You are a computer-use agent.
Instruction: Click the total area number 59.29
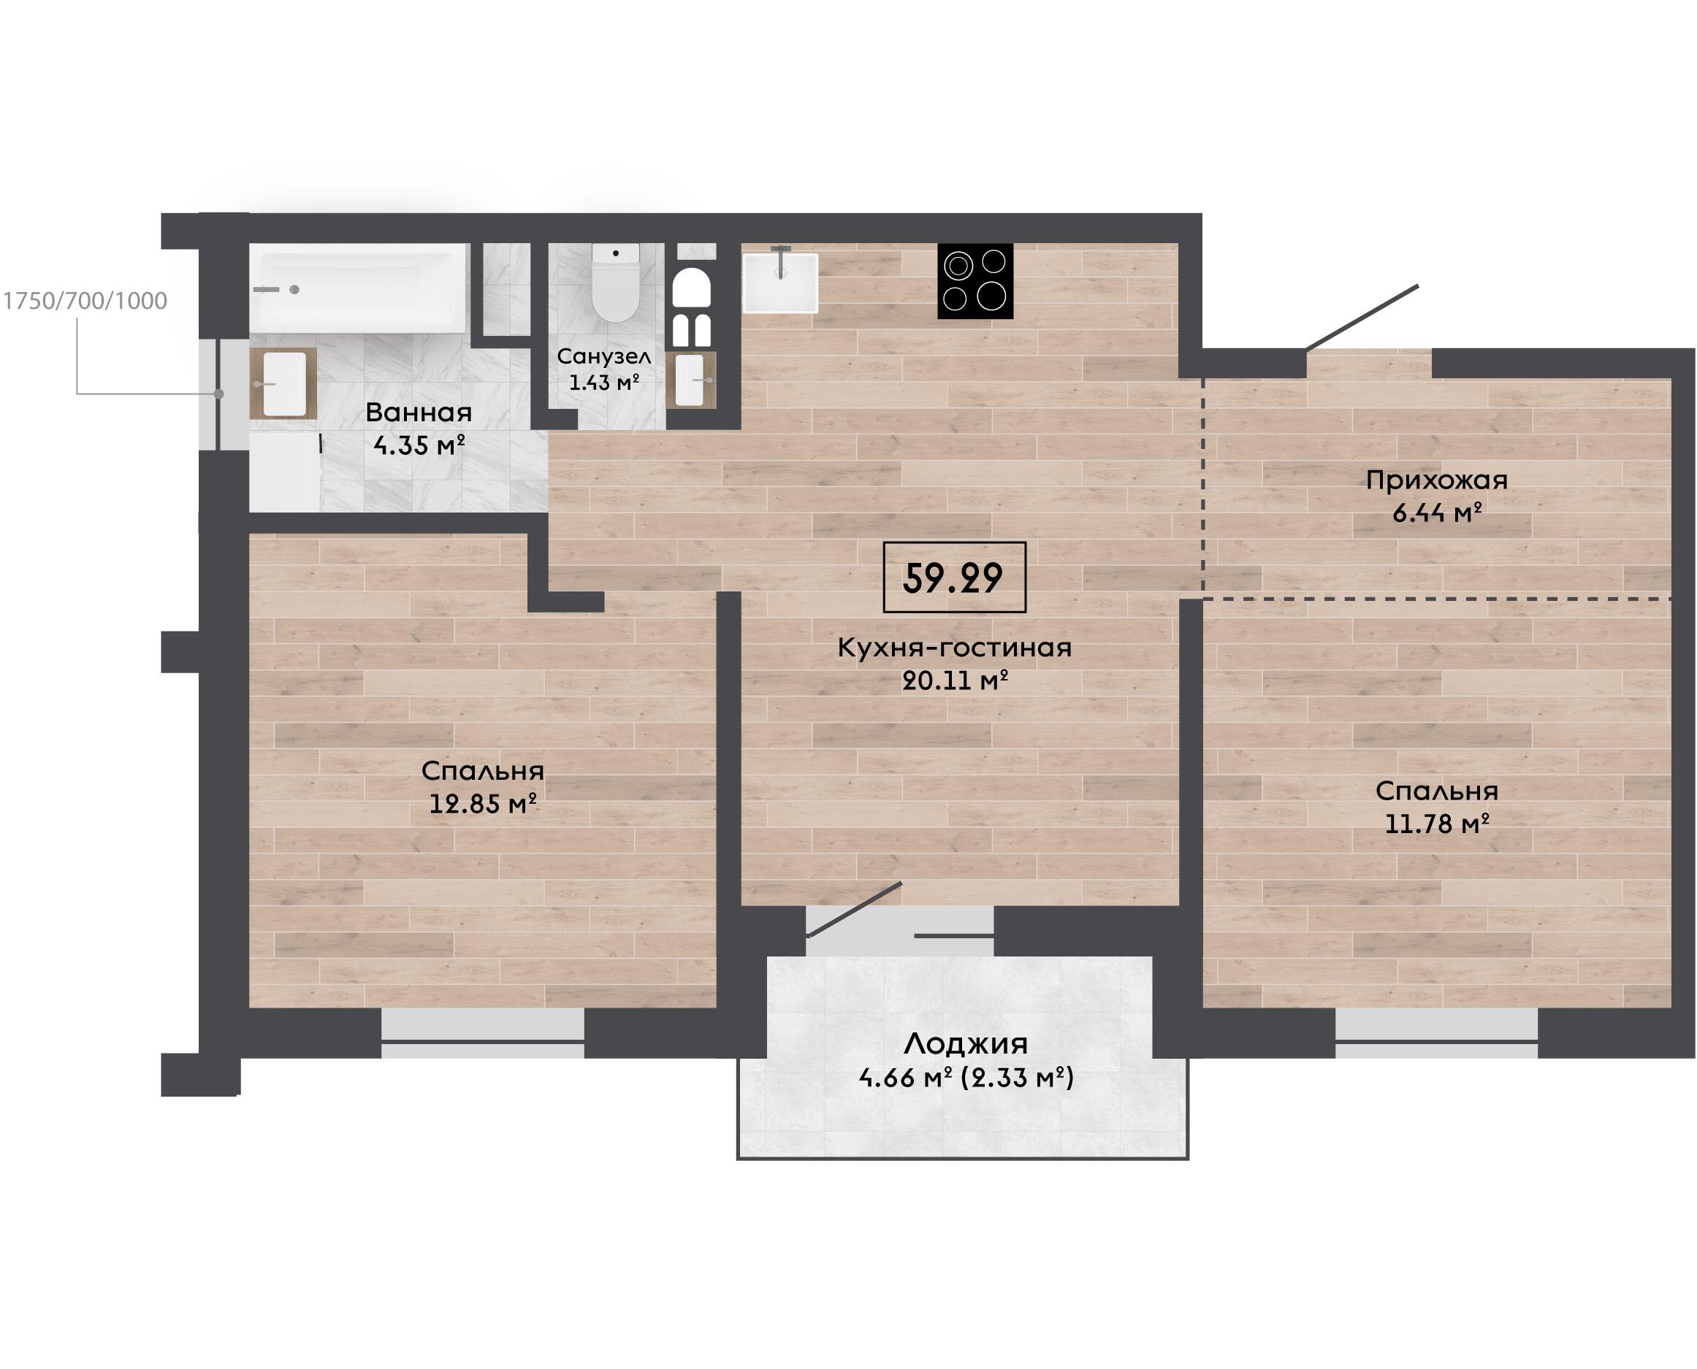(953, 578)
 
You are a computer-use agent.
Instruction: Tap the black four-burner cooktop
(975, 282)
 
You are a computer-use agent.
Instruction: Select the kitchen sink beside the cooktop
(780, 283)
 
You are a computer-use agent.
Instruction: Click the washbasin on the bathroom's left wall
(283, 383)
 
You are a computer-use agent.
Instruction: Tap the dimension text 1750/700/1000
(85, 302)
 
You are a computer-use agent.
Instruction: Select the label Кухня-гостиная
(955, 648)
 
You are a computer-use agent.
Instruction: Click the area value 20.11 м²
(956, 680)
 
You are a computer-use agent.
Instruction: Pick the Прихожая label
(1437, 481)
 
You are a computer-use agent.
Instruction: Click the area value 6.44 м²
(1437, 513)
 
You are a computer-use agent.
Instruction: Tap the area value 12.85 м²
(483, 804)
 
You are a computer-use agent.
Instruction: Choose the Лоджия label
(966, 1044)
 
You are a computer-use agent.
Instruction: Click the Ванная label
(419, 413)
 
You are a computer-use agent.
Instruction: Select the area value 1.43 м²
(603, 383)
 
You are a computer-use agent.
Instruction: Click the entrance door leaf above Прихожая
(1362, 317)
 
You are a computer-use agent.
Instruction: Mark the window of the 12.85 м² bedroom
(483, 1033)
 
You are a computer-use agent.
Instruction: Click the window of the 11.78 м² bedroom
(1437, 1033)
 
